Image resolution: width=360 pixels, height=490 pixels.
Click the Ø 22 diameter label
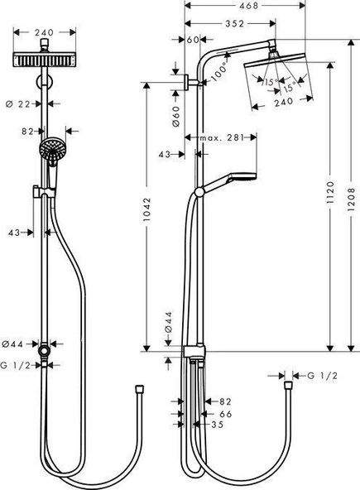(x=28, y=103)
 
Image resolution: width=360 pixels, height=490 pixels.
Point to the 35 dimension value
(x=217, y=426)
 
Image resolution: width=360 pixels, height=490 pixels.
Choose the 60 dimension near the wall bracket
(x=194, y=39)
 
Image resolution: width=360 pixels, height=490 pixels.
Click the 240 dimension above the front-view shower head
(x=44, y=33)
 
